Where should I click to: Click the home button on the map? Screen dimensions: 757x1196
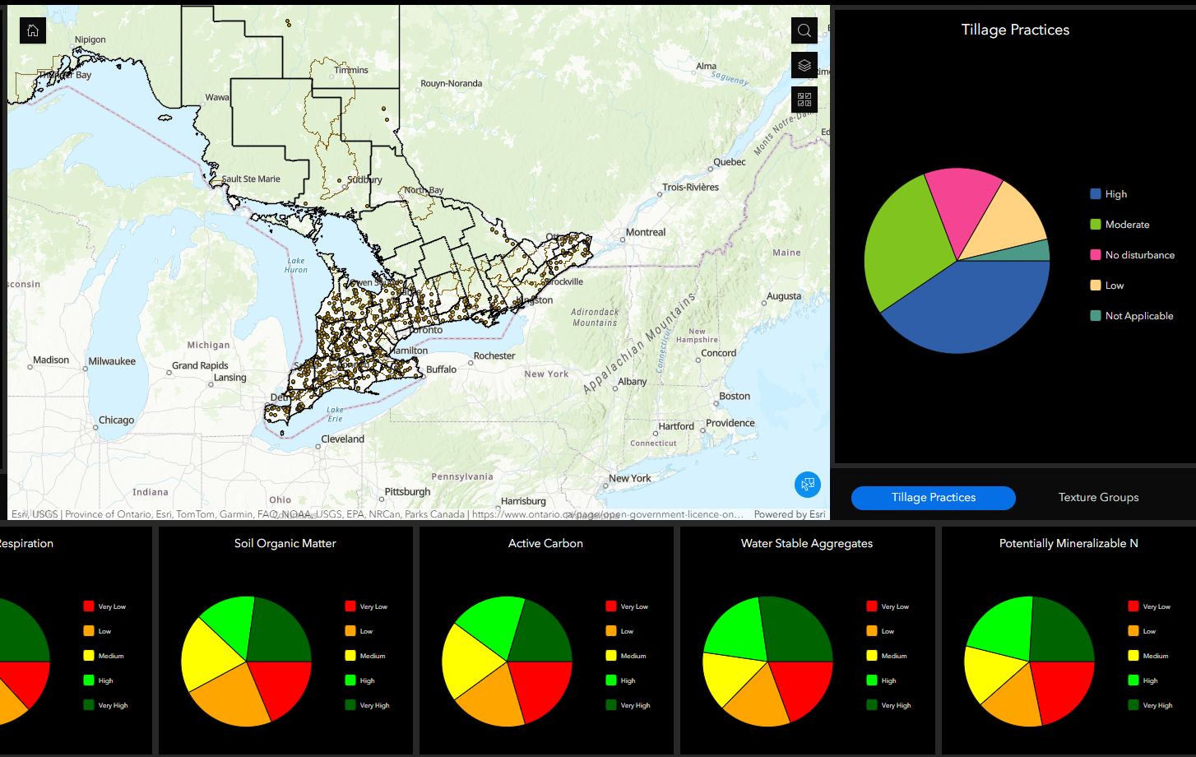click(x=33, y=30)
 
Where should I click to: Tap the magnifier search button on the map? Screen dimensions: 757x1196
click(x=804, y=30)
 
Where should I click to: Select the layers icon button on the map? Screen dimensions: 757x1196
click(x=804, y=65)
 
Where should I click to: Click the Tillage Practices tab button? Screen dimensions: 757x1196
click(x=933, y=498)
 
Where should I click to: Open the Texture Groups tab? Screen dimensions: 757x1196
click(x=1098, y=498)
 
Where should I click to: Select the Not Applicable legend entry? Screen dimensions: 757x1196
click(x=1138, y=316)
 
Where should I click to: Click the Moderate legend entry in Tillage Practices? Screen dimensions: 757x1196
click(x=1126, y=225)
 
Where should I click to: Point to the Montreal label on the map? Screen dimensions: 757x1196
click(x=646, y=232)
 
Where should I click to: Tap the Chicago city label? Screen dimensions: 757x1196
click(x=116, y=420)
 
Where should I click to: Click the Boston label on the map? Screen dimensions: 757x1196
click(x=735, y=396)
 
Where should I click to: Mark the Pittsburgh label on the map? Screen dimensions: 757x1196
click(x=407, y=492)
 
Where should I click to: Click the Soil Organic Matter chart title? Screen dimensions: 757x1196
click(x=285, y=544)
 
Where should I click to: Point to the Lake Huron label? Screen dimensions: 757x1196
click(x=295, y=265)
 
